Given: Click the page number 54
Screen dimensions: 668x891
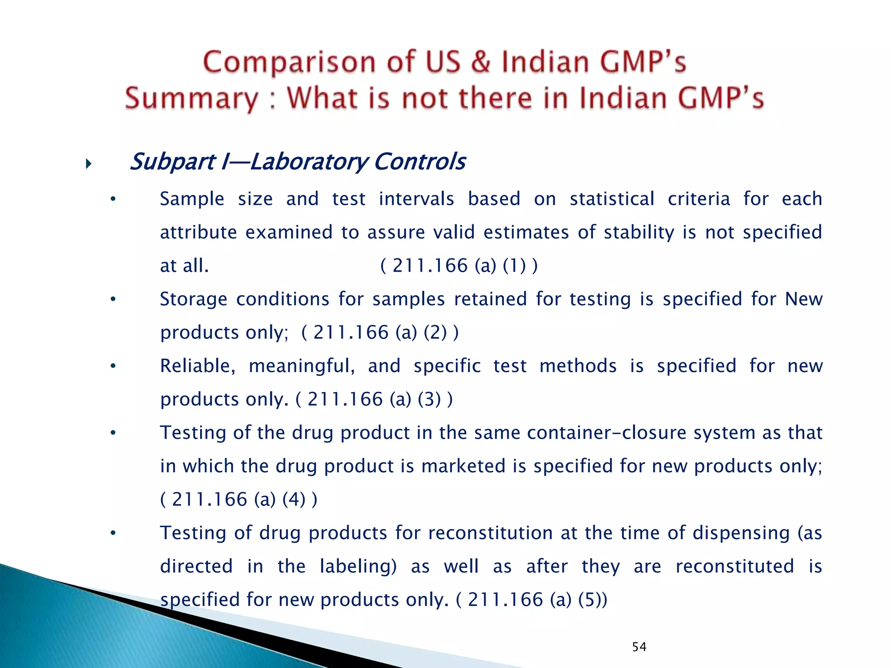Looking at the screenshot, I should click(639, 647).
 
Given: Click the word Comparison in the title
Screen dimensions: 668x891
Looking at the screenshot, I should click(289, 62).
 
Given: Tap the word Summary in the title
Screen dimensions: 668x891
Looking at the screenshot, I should click(191, 98).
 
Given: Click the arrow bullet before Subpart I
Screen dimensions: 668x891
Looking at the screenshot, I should click(89, 164).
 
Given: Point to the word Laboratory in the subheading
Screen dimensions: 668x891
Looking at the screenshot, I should click(308, 162).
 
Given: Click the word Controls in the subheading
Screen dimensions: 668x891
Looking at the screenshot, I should click(420, 162).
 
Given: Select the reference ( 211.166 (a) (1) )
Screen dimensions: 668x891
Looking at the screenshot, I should click(459, 265).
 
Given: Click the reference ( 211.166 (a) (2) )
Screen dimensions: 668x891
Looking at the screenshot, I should click(380, 332).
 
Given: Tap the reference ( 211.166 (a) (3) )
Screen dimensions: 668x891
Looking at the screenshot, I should click(374, 399).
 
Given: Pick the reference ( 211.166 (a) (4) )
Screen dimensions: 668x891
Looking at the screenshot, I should click(239, 499).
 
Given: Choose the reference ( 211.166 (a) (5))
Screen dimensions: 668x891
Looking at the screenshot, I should click(531, 600).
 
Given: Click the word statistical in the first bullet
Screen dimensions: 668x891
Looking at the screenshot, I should click(612, 199).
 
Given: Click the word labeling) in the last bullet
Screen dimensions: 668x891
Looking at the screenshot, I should click(358, 566).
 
